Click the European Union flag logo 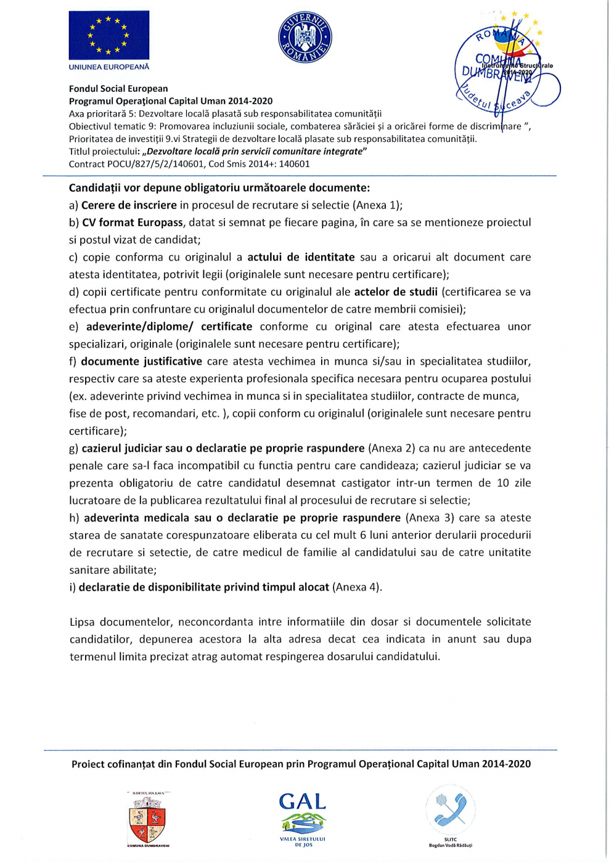pyautogui.click(x=108, y=35)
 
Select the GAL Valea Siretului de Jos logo pyautogui.click(x=302, y=817)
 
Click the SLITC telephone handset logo pyautogui.click(x=451, y=810)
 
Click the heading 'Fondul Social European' pyautogui.click(x=118, y=89)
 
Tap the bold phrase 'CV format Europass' pyautogui.click(x=133, y=223)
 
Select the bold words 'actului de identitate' pyautogui.click(x=301, y=257)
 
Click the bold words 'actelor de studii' pyautogui.click(x=396, y=292)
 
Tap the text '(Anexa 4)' pyautogui.click(x=356, y=587)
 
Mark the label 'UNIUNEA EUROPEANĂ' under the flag pyautogui.click(x=109, y=67)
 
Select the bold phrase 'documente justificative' pyautogui.click(x=141, y=361)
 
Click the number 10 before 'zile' pyautogui.click(x=503, y=483)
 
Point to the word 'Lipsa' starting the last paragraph pyautogui.click(x=82, y=622)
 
